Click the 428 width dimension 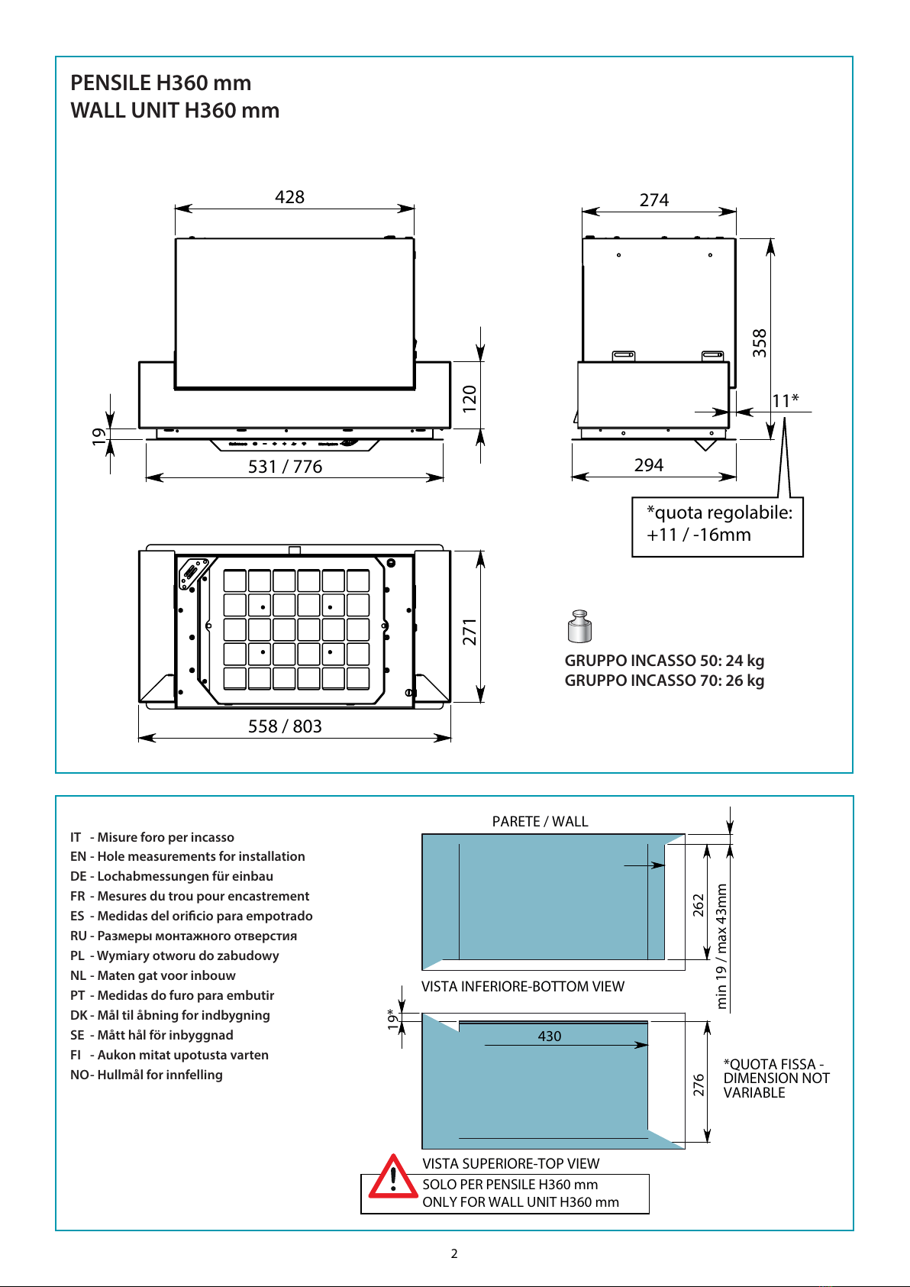[289, 197]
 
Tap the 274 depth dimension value [654, 200]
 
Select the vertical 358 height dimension [759, 343]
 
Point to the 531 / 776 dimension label [285, 466]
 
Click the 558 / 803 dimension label [285, 726]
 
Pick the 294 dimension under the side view [649, 465]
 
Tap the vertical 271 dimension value [470, 632]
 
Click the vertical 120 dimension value [470, 398]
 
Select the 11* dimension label [785, 400]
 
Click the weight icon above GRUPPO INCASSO [579, 626]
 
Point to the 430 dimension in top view [550, 1036]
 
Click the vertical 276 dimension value [698, 1085]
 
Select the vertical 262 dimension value [698, 905]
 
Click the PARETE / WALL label [540, 822]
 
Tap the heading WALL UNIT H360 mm [175, 110]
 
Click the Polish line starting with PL [175, 956]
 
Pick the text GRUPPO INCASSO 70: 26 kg [664, 681]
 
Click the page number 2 [454, 1253]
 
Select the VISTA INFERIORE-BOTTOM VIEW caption [522, 987]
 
